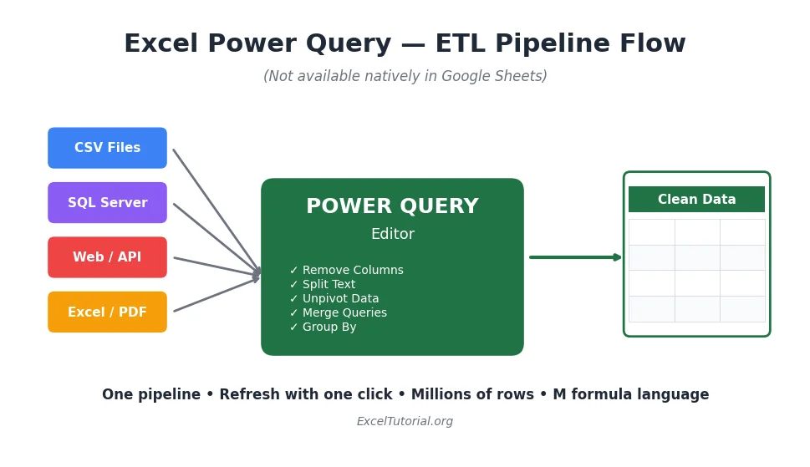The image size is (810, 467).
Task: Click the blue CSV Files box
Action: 107,148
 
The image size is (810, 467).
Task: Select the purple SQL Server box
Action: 107,203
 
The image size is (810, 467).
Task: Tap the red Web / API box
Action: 107,257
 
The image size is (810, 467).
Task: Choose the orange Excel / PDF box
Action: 107,312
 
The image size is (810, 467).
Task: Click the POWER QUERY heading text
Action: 392,206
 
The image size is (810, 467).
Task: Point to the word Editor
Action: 392,235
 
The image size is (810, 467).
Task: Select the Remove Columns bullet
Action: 347,271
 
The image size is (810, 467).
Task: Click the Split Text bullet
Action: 323,285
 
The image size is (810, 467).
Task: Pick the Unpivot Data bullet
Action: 334,299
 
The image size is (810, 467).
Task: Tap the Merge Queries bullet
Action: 339,313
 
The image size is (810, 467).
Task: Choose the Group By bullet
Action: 323,327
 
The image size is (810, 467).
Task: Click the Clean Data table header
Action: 696,200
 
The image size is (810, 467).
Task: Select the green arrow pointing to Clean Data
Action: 575,257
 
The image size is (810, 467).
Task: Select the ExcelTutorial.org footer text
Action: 405,422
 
